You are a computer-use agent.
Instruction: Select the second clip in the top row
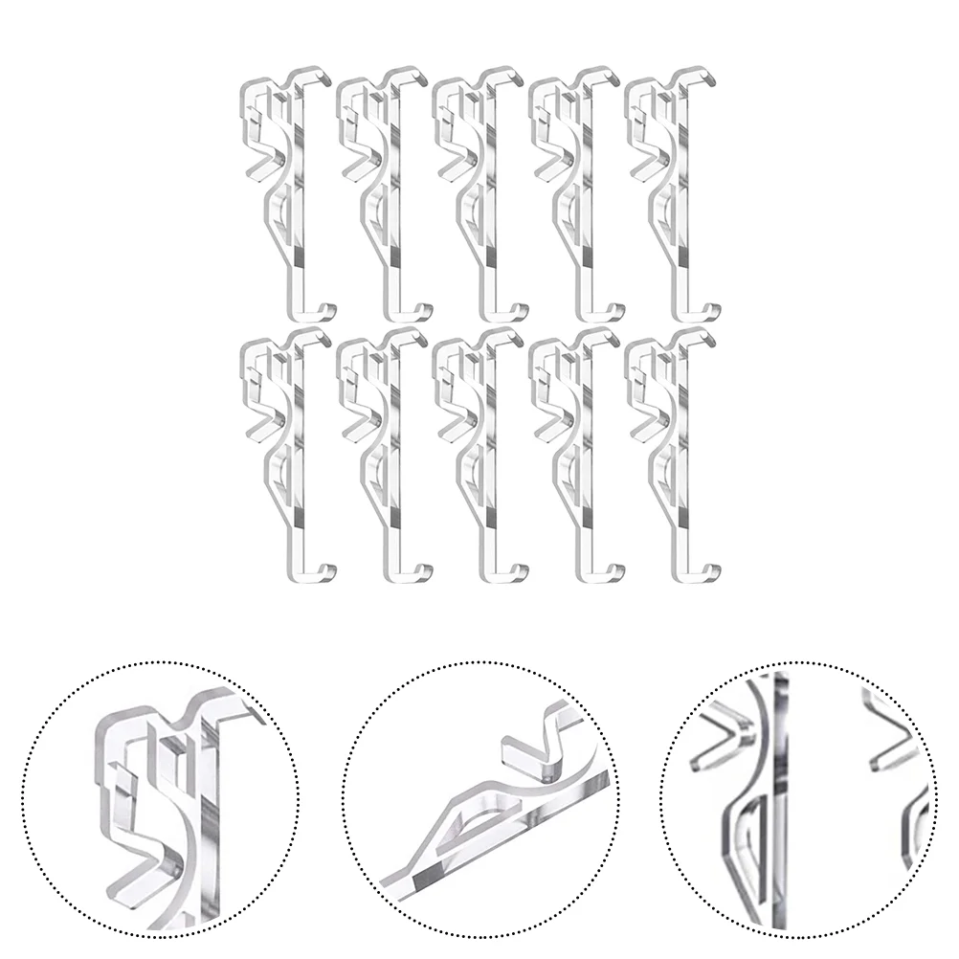pos(383,191)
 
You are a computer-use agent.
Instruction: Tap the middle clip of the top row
pos(479,191)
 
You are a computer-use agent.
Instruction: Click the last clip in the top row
pos(670,191)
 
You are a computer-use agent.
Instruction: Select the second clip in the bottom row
pos(383,455)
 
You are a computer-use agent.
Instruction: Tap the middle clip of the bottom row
pos(479,455)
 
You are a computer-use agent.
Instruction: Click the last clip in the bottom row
pos(670,455)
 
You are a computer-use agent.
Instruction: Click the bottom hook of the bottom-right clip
pos(703,574)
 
